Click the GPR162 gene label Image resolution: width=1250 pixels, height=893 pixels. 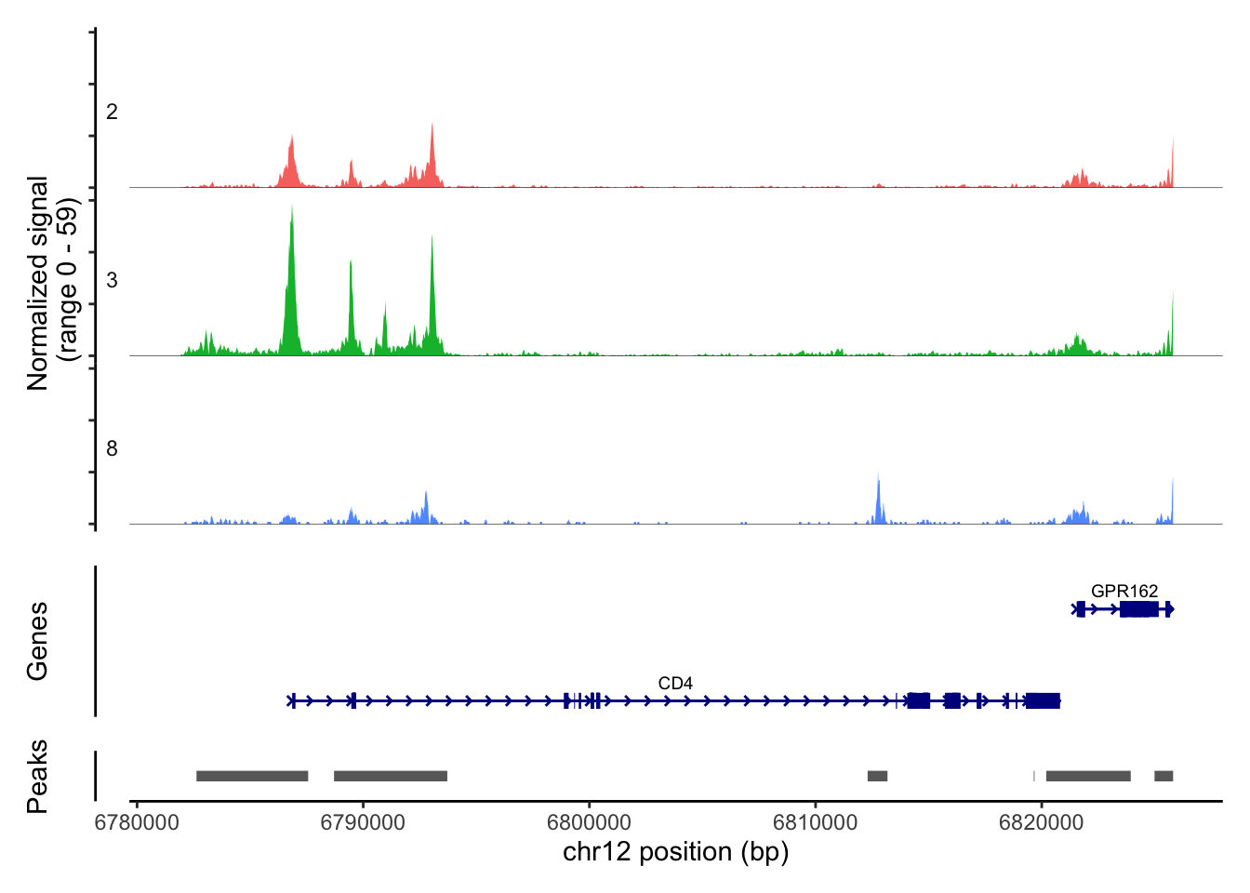coord(1124,592)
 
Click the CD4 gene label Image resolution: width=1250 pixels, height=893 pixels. coord(675,684)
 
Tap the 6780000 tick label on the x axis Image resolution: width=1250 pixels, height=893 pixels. coord(137,822)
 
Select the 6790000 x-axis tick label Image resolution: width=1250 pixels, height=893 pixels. coord(363,822)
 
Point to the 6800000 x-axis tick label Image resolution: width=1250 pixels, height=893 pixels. coord(590,822)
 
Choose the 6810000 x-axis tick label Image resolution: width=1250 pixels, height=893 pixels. coord(816,822)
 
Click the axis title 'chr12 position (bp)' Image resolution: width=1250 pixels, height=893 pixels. coord(675,852)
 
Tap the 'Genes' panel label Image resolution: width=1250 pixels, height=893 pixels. coord(37,641)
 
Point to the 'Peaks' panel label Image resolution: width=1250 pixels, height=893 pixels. coord(37,776)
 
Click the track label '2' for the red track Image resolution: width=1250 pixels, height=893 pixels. coord(112,113)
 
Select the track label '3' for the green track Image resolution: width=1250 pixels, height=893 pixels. coord(112,281)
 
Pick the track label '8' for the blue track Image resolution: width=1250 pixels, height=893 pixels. coord(112,449)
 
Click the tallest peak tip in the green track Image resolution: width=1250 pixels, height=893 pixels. coord(292,207)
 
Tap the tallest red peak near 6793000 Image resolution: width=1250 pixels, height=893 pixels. coord(432,125)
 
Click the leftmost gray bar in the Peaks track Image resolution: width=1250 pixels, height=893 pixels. coord(252,776)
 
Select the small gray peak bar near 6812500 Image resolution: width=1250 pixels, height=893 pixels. coord(877,776)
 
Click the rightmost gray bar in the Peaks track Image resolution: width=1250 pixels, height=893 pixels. coord(1164,776)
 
